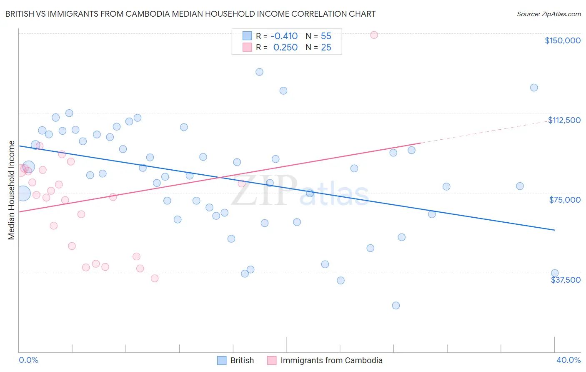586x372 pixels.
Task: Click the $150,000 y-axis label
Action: pyautogui.click(x=562, y=40)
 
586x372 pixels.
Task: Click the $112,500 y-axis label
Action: pyautogui.click(x=564, y=120)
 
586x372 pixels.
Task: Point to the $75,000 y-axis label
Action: pyautogui.click(x=565, y=200)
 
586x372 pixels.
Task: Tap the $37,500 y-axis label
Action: pyautogui.click(x=566, y=280)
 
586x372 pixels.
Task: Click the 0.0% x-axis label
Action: pyautogui.click(x=28, y=360)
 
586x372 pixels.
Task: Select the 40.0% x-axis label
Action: pyautogui.click(x=568, y=360)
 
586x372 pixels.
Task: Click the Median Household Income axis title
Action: pyautogui.click(x=12, y=190)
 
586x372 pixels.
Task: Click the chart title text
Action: pyautogui.click(x=190, y=14)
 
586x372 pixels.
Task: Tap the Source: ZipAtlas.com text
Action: pyautogui.click(x=548, y=14)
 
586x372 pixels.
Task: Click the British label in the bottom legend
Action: pyautogui.click(x=242, y=360)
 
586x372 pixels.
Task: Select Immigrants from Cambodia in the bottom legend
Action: pyautogui.click(x=331, y=360)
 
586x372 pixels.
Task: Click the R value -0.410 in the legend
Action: pyautogui.click(x=284, y=36)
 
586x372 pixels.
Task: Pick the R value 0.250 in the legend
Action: pyautogui.click(x=285, y=47)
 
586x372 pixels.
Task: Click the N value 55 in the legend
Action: pyautogui.click(x=326, y=36)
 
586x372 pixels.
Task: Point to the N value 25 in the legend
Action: pyautogui.click(x=326, y=47)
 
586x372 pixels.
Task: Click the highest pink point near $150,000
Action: pyautogui.click(x=374, y=35)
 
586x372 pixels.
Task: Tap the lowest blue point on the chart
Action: pyautogui.click(x=396, y=306)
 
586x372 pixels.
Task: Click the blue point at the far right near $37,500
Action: pyautogui.click(x=555, y=273)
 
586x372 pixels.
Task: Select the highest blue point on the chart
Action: pyautogui.click(x=259, y=72)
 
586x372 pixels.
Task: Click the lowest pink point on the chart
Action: pyautogui.click(x=155, y=278)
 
